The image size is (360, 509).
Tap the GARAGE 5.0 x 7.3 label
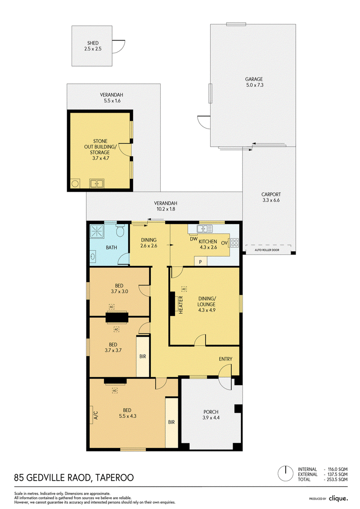(254, 82)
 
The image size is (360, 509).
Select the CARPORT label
(271, 194)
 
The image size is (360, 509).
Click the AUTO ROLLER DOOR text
(267, 250)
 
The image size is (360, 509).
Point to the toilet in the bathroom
(121, 230)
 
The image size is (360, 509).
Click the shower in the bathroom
(97, 231)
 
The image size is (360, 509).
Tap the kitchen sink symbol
(205, 229)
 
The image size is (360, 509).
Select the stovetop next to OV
(234, 243)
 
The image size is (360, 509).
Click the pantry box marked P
(201, 261)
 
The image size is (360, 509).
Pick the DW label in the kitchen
(194, 239)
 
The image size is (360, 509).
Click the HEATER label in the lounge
(181, 305)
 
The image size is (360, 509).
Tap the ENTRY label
(225, 359)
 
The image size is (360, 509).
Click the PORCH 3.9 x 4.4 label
(211, 415)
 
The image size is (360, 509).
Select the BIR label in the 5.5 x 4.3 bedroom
(171, 422)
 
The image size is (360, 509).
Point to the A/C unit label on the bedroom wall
(96, 415)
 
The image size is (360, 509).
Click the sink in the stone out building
(96, 184)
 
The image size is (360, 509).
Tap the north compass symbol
(286, 473)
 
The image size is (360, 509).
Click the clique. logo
(338, 498)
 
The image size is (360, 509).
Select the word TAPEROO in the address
(115, 478)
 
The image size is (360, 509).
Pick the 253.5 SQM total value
(337, 479)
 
